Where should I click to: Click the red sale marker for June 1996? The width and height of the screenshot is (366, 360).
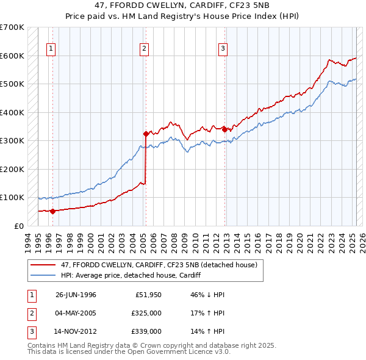point(52,211)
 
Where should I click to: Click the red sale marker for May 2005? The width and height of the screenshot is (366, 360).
point(146,134)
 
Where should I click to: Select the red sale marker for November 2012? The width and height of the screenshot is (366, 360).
point(224,129)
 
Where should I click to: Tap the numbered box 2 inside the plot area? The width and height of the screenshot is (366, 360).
point(144,49)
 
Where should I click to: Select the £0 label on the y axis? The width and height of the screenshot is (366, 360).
point(19,226)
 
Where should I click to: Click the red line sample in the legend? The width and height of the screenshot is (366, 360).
point(43,265)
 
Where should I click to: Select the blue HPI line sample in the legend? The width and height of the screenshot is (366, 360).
point(43,275)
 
